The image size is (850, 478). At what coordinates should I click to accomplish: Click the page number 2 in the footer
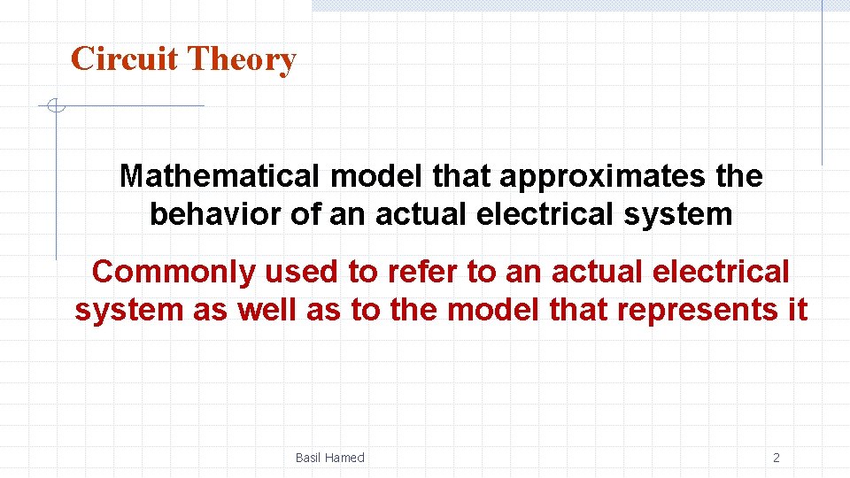pos(777,458)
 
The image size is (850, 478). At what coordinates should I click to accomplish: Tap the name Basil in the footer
pos(307,458)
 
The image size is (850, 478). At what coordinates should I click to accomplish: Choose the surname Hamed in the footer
pos(344,458)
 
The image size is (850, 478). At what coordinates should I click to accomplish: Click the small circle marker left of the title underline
pos(55,106)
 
